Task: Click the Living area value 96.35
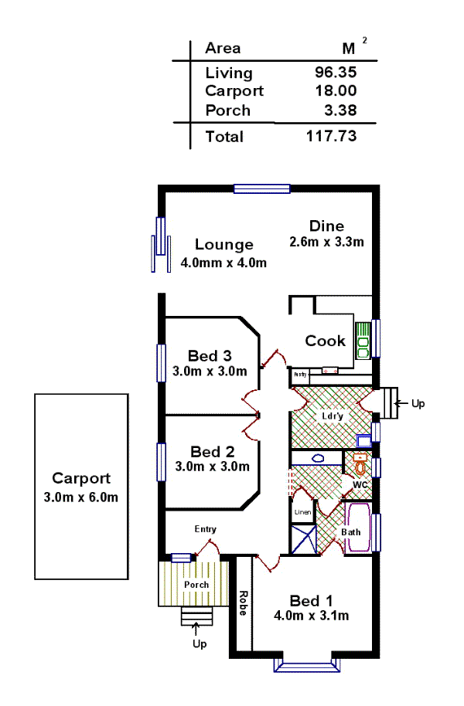333,73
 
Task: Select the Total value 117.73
332,136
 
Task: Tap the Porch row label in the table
227,110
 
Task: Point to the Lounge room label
223,245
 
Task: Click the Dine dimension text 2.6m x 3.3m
326,241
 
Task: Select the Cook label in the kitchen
325,341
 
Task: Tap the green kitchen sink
363,340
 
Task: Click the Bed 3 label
210,356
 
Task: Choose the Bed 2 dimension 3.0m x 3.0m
211,466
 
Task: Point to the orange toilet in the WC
360,464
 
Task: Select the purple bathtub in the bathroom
358,528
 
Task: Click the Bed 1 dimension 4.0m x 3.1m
311,616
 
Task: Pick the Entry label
205,529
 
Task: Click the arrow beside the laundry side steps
401,403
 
